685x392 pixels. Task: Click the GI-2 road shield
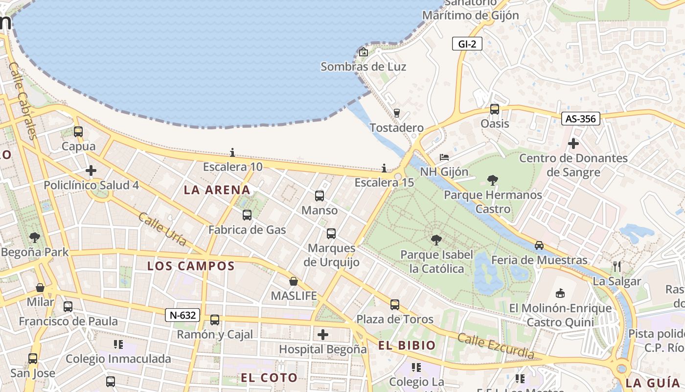tap(467, 44)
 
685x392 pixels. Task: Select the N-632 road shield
tap(183, 315)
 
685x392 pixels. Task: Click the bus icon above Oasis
tap(495, 109)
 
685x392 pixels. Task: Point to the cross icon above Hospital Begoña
tap(323, 335)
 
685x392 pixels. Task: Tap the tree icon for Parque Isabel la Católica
tap(436, 240)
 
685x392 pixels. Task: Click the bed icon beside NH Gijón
tap(444, 157)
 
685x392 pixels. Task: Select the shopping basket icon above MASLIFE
tap(294, 281)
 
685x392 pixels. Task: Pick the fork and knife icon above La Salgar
tap(617, 267)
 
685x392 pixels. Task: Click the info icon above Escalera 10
tap(232, 152)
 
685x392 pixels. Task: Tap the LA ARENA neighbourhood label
tap(217, 190)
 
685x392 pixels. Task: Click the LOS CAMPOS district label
tap(191, 266)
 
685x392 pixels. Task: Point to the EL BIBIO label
tap(407, 345)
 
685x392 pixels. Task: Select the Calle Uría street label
tap(162, 229)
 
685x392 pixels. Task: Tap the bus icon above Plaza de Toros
tap(395, 305)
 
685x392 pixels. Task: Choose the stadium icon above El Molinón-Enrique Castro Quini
tap(560, 293)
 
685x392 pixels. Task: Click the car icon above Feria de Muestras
tap(539, 245)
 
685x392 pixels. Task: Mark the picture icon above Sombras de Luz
tap(364, 52)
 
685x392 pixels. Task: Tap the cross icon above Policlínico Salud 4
tap(91, 171)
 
